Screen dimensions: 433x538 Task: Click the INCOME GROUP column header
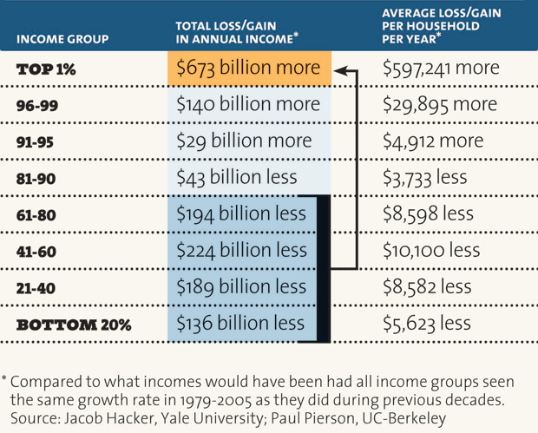(x=62, y=39)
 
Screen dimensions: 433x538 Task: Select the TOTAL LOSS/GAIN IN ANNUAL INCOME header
(x=236, y=32)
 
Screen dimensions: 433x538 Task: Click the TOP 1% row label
(x=47, y=69)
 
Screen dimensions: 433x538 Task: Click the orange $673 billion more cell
(x=248, y=69)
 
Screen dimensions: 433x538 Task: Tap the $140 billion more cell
(x=248, y=105)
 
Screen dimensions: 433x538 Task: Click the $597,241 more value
(x=441, y=69)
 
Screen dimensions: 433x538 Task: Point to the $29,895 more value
(x=439, y=105)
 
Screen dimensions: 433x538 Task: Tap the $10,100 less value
(x=430, y=250)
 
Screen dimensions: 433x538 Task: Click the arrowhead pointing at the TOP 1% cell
(x=342, y=69)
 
